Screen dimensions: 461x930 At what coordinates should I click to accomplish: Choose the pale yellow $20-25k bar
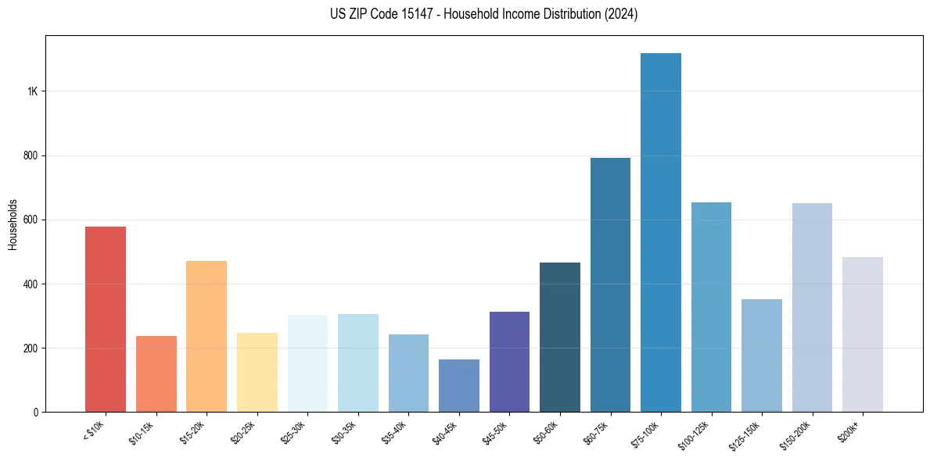[x=257, y=372]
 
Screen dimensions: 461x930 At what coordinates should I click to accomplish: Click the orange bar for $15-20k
[x=206, y=336]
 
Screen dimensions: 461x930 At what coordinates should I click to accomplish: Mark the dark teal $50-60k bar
[x=560, y=337]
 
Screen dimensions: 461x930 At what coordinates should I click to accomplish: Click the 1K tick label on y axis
[x=32, y=91]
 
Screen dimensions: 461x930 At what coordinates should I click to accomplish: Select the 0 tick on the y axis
[x=36, y=412]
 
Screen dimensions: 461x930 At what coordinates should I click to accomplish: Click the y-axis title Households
[x=13, y=224]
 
